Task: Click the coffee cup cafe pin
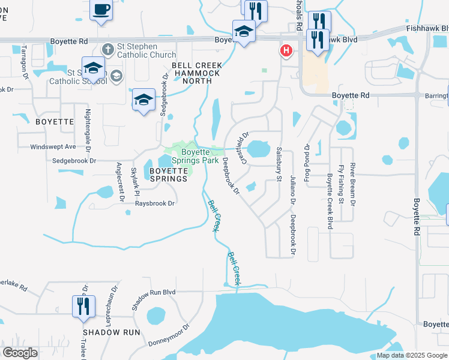click(x=101, y=10)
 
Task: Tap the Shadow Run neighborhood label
click(x=112, y=332)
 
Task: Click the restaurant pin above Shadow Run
click(x=83, y=306)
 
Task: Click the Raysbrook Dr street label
click(x=154, y=203)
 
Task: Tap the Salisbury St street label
click(x=279, y=168)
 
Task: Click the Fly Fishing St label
click(x=340, y=184)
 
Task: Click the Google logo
click(x=20, y=353)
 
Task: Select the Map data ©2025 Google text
click(x=411, y=355)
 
